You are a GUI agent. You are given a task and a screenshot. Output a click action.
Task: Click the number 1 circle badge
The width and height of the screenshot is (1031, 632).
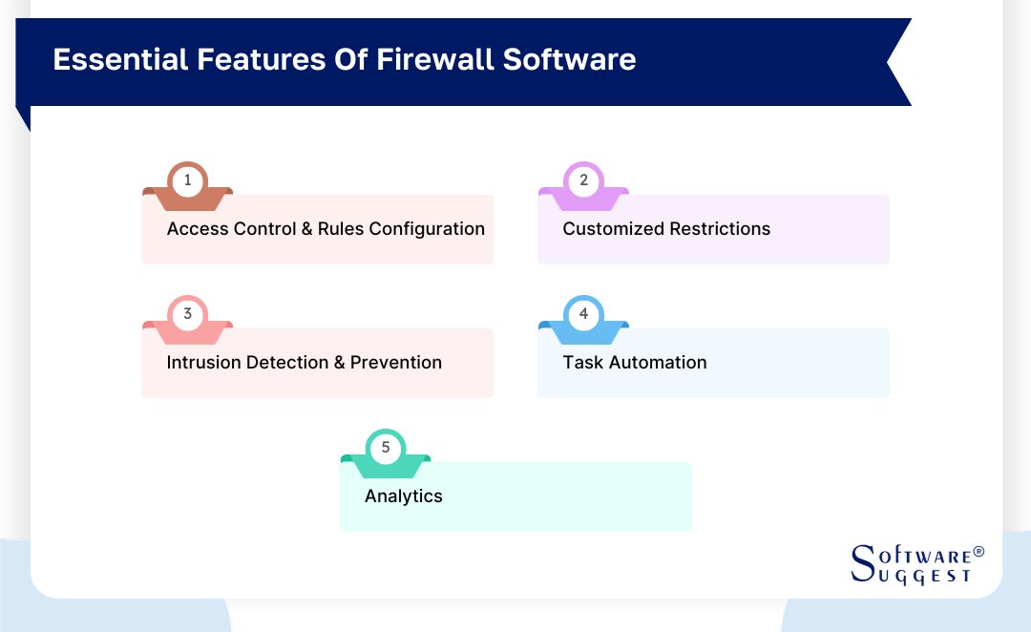(x=187, y=180)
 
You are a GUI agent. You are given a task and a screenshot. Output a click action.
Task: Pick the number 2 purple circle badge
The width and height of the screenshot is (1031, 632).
(x=583, y=180)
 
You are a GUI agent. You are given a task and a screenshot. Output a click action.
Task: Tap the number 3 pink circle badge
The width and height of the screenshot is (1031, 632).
(x=187, y=314)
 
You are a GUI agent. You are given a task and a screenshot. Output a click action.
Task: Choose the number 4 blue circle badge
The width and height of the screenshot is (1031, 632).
(x=583, y=314)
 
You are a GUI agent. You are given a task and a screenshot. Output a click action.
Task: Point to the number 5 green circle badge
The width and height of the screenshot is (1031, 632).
(x=386, y=448)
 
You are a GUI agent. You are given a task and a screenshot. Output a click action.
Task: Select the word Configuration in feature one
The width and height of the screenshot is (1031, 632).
(x=427, y=229)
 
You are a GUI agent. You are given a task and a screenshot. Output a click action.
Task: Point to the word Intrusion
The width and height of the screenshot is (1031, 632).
(x=204, y=363)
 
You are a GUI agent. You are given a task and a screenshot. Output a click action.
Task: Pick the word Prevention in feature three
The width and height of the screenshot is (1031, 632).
(x=396, y=363)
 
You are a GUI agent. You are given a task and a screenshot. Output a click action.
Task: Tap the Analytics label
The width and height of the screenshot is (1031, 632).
(x=404, y=496)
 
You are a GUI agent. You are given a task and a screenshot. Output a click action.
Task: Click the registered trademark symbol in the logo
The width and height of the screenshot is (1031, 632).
(x=978, y=553)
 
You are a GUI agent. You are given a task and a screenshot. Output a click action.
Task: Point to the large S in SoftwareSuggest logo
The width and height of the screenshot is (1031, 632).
(x=862, y=563)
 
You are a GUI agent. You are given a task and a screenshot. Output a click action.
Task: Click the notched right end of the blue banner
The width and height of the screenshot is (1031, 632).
(x=897, y=62)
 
